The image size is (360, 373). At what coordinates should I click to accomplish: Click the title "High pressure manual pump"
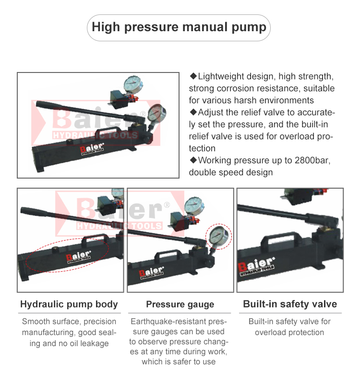pyautogui.click(x=179, y=27)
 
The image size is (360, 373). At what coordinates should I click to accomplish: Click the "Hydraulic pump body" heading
pyautogui.click(x=69, y=304)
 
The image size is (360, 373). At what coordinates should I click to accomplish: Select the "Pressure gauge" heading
pyautogui.click(x=180, y=304)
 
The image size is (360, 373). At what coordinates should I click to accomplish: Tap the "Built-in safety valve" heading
pyautogui.click(x=290, y=304)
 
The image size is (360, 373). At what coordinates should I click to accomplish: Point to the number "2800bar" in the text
pyautogui.click(x=312, y=160)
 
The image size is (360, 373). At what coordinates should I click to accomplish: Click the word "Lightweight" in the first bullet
pyautogui.click(x=221, y=77)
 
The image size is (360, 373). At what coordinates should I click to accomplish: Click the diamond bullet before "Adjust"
pyautogui.click(x=193, y=112)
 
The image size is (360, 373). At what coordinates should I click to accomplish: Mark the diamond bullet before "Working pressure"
pyautogui.click(x=193, y=160)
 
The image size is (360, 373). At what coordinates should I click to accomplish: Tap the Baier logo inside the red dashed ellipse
pyautogui.click(x=78, y=257)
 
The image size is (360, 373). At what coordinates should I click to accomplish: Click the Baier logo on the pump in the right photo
pyautogui.click(x=257, y=266)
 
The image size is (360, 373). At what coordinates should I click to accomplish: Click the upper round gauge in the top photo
pyautogui.click(x=133, y=84)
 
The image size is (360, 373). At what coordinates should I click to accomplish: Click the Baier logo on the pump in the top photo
pyautogui.click(x=92, y=149)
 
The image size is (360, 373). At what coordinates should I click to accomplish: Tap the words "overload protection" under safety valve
pyautogui.click(x=289, y=332)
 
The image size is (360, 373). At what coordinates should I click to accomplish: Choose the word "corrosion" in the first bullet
pyautogui.click(x=238, y=88)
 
